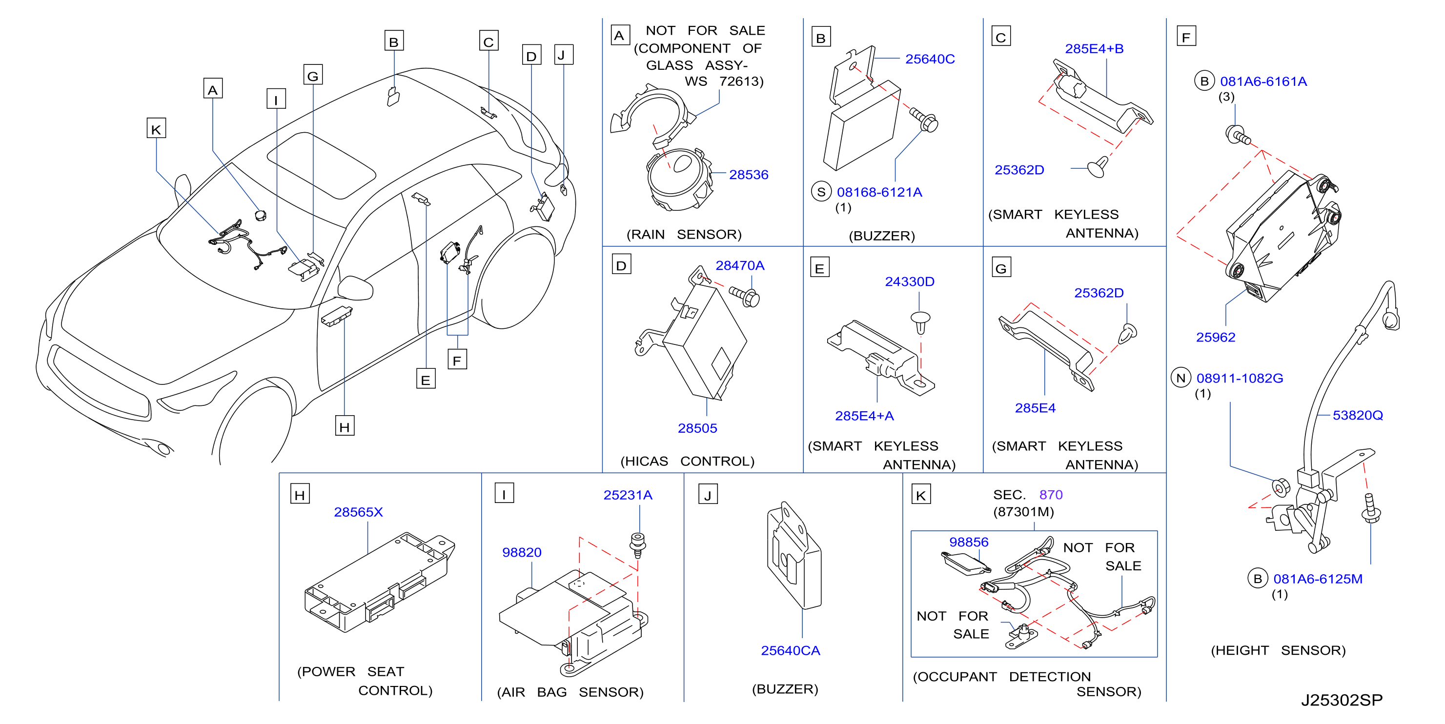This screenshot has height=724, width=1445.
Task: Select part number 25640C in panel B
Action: tap(930, 59)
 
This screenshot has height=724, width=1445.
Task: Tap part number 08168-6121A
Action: tap(879, 192)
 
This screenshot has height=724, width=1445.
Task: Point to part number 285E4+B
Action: tap(1094, 49)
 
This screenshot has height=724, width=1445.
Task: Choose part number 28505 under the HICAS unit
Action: tap(697, 428)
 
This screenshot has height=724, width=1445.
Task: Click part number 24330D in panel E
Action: tap(909, 282)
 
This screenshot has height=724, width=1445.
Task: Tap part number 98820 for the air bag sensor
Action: tap(522, 552)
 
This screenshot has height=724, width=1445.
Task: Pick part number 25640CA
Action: tap(791, 650)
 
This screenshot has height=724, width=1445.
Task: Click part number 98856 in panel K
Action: tap(969, 543)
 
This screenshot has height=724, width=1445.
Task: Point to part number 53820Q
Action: tap(1358, 415)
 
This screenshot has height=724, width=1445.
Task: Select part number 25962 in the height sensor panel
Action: tap(1216, 337)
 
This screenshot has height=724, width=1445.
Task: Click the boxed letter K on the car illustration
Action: tap(156, 128)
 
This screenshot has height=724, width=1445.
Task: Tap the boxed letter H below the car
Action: tap(345, 426)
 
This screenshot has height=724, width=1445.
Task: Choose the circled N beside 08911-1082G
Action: tap(1181, 378)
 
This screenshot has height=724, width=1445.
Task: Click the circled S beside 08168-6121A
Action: tap(821, 192)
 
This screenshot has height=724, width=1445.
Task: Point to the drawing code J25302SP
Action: tap(1342, 700)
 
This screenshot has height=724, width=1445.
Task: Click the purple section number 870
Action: tap(1051, 495)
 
